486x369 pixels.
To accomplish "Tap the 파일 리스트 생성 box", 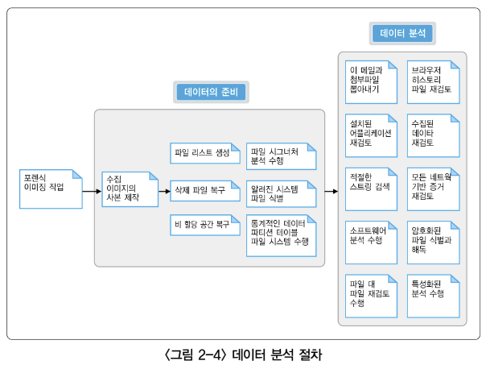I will [x=204, y=152].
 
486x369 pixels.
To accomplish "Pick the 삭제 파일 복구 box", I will [x=204, y=190].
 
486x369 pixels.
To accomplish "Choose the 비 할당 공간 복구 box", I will [x=204, y=225].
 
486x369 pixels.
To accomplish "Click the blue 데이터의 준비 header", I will [x=212, y=92].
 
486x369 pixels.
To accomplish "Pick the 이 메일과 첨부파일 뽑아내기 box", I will [x=371, y=81].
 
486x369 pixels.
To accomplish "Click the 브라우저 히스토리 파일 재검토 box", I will [x=433, y=81].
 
